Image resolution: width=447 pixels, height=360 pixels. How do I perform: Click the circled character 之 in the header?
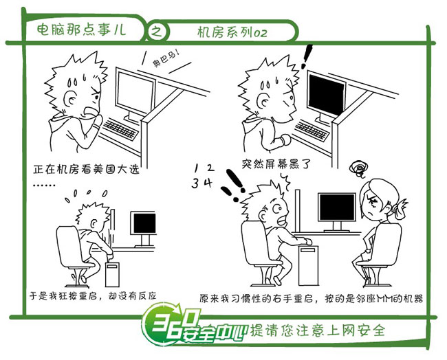click(157, 31)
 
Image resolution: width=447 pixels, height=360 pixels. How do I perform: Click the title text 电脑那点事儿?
click(82, 30)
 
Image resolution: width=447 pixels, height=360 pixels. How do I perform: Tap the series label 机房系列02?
click(232, 32)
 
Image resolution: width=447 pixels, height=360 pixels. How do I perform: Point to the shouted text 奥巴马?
click(166, 58)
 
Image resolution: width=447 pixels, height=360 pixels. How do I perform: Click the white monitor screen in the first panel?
click(135, 92)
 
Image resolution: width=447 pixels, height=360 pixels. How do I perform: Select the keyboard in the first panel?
click(120, 129)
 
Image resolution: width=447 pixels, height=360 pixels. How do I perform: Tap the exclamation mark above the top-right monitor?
click(307, 56)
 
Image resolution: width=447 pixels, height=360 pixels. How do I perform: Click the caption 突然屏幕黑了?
click(275, 164)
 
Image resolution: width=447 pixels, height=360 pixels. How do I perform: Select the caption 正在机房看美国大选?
click(86, 169)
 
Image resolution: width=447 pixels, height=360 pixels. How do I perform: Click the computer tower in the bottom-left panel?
click(112, 274)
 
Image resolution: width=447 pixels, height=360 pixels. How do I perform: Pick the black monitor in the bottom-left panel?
click(144, 223)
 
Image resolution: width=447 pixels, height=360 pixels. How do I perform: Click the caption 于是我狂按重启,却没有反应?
click(93, 296)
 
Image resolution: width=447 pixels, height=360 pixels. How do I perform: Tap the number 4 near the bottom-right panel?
click(208, 183)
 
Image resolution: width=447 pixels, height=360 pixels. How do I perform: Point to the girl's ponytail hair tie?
click(396, 210)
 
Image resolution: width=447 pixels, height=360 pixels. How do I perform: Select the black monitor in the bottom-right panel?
click(337, 207)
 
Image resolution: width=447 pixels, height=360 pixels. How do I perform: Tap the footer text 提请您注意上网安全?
click(318, 330)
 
